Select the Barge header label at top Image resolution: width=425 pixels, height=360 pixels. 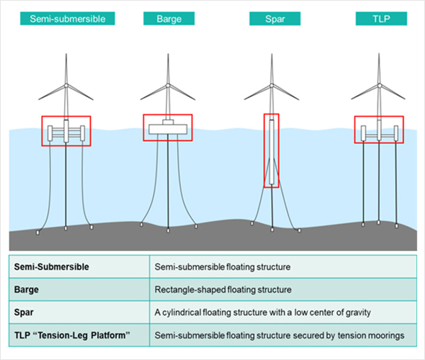point(168,18)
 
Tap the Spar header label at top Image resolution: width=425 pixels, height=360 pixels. point(270,18)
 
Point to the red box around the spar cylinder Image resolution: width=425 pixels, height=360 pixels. point(271,150)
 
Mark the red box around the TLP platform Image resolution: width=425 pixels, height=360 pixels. point(379,130)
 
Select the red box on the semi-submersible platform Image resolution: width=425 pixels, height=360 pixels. point(66,131)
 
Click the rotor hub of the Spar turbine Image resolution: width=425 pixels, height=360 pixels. point(271,86)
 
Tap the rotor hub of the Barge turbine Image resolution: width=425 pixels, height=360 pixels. point(168,86)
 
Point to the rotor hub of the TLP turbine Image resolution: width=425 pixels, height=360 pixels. point(379,86)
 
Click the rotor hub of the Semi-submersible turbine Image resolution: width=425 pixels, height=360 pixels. point(66,86)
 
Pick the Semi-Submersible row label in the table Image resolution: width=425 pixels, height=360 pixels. point(49,267)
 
